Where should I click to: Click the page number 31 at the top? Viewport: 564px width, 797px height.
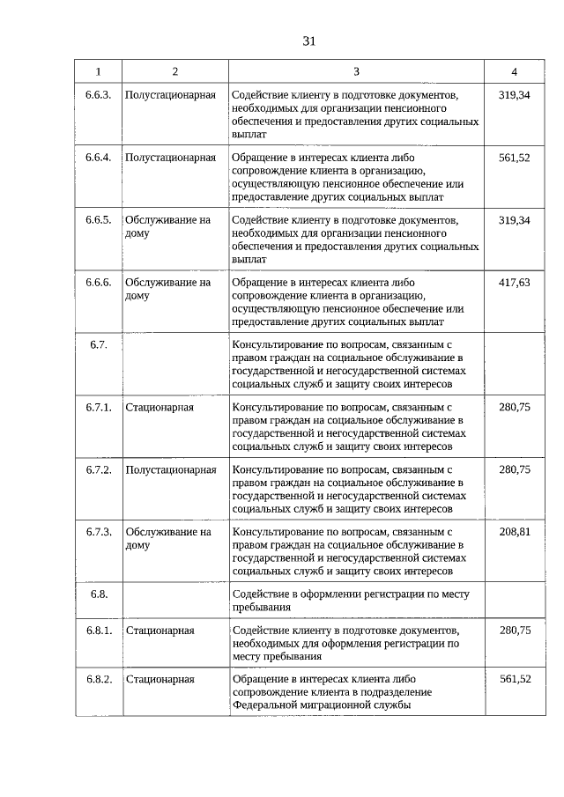308,41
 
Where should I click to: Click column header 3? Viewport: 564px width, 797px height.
356,71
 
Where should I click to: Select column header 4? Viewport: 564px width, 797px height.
514,71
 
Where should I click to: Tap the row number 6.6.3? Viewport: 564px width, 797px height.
98,94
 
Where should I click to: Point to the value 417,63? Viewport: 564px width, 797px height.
514,282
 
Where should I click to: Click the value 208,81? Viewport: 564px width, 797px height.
514,532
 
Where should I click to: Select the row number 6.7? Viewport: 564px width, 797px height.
98,344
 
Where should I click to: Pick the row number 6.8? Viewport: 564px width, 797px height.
98,594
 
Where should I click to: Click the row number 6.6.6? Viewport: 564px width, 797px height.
98,282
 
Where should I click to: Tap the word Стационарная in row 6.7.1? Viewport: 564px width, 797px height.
160,407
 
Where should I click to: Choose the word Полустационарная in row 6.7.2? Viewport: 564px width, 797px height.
171,469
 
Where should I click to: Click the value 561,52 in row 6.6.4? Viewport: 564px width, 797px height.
514,157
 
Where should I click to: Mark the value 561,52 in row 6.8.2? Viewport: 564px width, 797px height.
514,678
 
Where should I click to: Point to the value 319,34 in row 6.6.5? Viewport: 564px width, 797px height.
514,219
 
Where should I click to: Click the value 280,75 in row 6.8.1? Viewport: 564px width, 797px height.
514,631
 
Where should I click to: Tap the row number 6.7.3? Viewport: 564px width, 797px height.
98,532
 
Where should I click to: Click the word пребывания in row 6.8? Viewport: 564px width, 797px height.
261,607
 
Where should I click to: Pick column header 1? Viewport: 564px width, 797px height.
98,71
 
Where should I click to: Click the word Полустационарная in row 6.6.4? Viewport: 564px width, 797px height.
171,157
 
